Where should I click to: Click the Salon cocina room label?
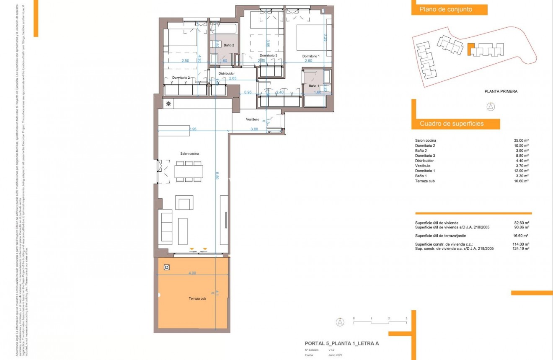click(189, 153)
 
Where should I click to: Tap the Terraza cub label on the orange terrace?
click(197, 299)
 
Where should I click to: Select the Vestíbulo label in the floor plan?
click(253, 119)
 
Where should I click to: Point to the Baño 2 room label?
click(229, 45)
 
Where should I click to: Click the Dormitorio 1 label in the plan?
click(311, 56)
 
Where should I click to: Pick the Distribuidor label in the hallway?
click(227, 73)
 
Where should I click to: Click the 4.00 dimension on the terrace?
click(192, 273)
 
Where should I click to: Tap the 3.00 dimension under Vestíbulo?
click(254, 129)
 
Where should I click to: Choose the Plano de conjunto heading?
click(446, 10)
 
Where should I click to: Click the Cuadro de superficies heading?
click(452, 124)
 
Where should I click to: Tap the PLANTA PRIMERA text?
click(501, 91)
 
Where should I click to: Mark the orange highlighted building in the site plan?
click(471, 49)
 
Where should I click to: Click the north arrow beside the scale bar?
click(340, 322)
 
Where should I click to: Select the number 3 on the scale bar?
click(406, 319)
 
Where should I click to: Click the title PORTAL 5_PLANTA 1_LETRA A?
click(341, 343)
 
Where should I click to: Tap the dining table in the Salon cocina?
click(189, 171)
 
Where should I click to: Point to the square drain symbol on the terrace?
click(167, 267)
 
